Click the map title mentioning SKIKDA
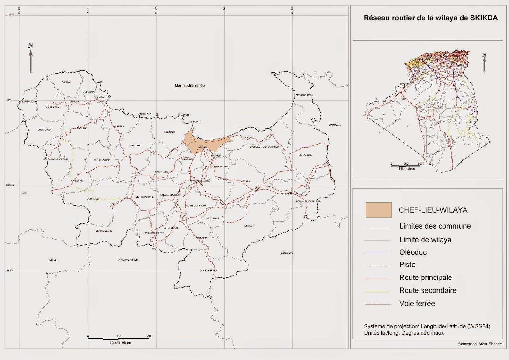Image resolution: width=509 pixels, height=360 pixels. tap(430, 18)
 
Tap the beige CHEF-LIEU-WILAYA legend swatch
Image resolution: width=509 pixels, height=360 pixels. tap(378, 210)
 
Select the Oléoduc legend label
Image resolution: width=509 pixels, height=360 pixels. tap(413, 252)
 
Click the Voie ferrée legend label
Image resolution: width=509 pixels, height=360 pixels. tap(417, 304)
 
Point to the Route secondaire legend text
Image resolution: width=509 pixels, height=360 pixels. tap(428, 290)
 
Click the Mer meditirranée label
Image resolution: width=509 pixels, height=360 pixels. tap(190, 86)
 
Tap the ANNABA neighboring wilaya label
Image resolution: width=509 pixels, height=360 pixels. tap(335, 125)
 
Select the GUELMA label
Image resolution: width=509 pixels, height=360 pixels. tap(286, 253)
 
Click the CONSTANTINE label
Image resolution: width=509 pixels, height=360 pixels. tap(128, 260)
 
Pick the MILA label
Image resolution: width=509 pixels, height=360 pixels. tap(53, 260)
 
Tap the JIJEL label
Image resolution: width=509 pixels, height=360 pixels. tap(24, 193)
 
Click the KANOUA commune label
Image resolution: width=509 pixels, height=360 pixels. tap(66, 82)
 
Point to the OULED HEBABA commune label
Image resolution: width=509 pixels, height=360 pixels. tap(208, 271)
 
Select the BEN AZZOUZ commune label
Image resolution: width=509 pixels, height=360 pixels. tap(305, 155)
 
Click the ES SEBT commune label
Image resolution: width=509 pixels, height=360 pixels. tap(249, 226)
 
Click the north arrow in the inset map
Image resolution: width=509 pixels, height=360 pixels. tap(484, 62)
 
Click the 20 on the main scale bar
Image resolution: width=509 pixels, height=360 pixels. tap(149, 336)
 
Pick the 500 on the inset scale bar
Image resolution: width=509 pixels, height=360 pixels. tap(420, 164)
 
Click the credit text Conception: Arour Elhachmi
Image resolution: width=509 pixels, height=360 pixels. tap(480, 344)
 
